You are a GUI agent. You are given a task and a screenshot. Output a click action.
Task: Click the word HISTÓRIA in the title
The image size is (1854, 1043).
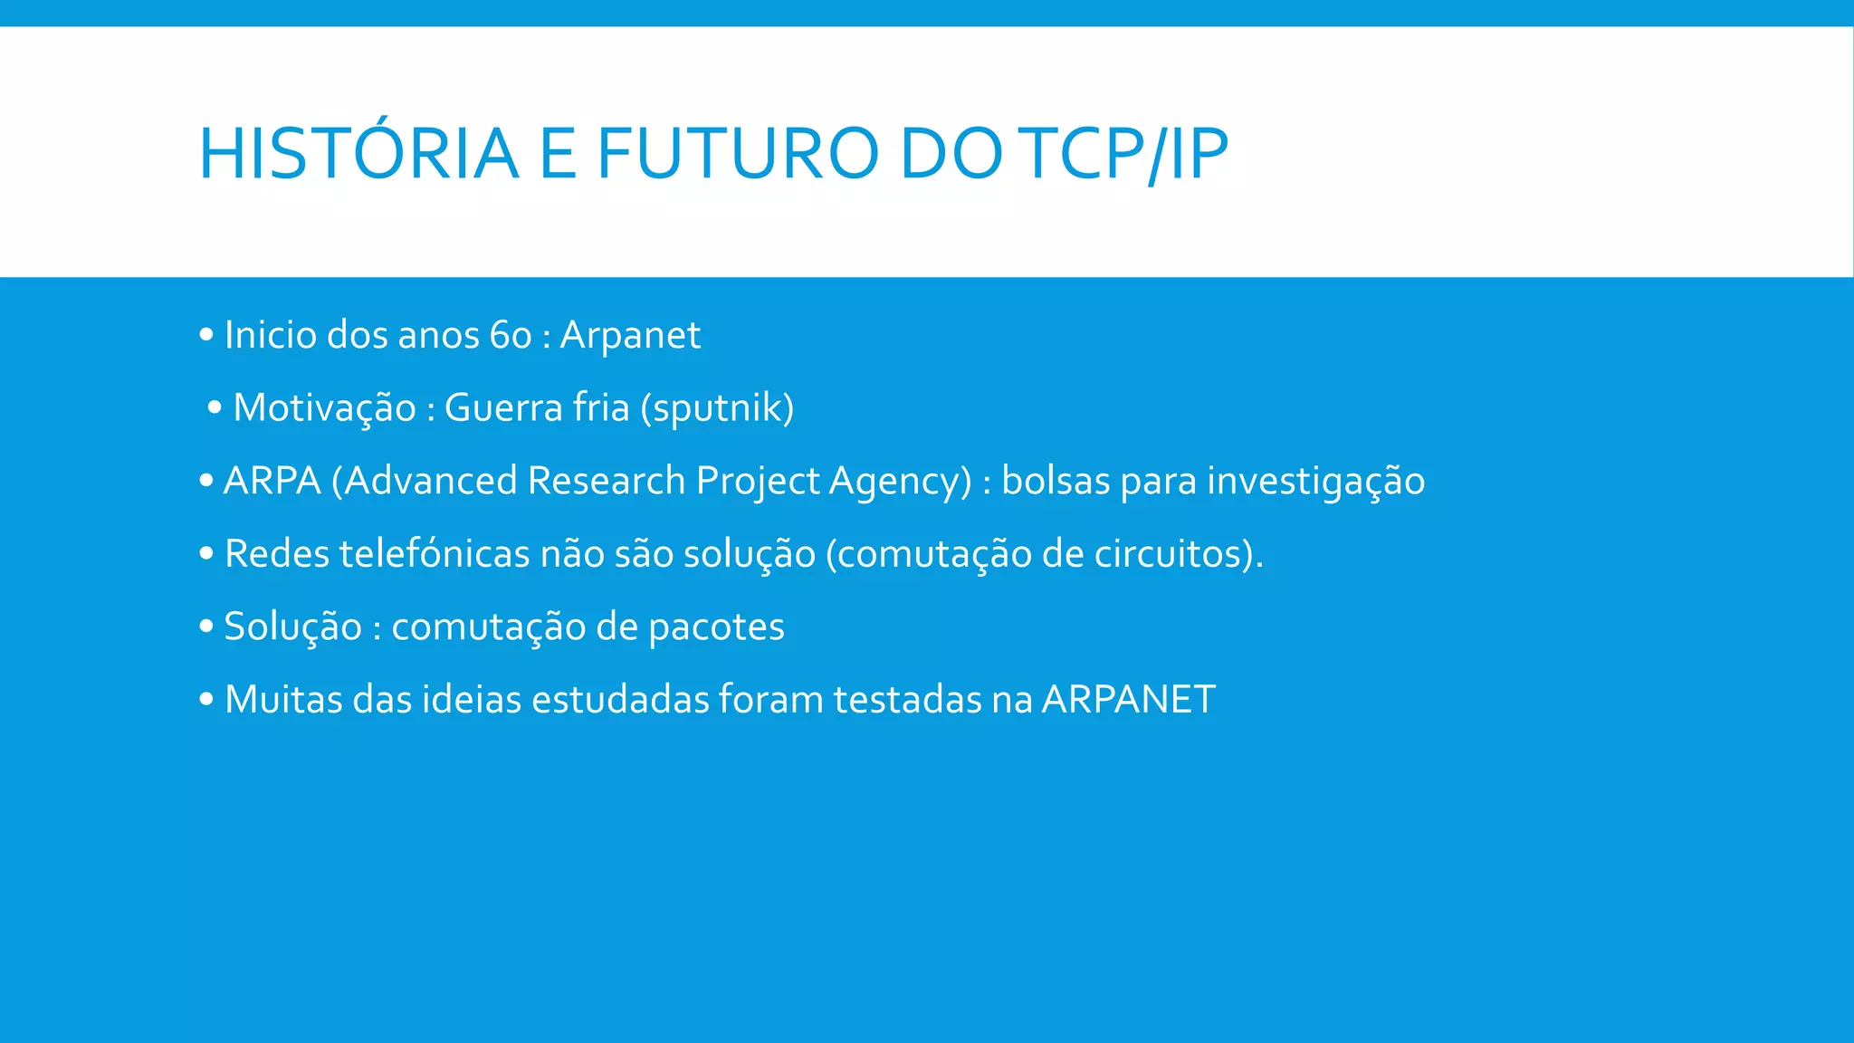[358, 154]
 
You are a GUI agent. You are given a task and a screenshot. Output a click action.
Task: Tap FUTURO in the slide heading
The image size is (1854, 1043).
[737, 154]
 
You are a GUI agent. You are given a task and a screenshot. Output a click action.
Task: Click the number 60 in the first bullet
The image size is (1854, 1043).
[511, 336]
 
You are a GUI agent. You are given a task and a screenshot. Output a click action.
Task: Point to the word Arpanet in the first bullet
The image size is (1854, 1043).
[630, 336]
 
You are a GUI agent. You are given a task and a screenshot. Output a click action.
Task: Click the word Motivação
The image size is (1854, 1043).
[324, 408]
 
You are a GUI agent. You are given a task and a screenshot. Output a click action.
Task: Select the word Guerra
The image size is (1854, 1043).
[503, 408]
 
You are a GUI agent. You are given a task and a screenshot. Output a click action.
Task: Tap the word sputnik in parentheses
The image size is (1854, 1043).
[717, 408]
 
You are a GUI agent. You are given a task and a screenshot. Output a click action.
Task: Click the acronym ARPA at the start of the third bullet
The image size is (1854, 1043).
[272, 481]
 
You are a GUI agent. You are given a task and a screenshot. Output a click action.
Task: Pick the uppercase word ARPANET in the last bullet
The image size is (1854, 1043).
[1128, 700]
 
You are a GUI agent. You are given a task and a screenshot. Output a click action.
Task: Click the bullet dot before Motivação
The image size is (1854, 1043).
[215, 408]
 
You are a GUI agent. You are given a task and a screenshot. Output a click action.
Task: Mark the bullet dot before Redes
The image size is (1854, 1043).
[206, 552]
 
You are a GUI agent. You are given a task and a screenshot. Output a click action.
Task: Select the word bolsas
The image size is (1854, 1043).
[1056, 481]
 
